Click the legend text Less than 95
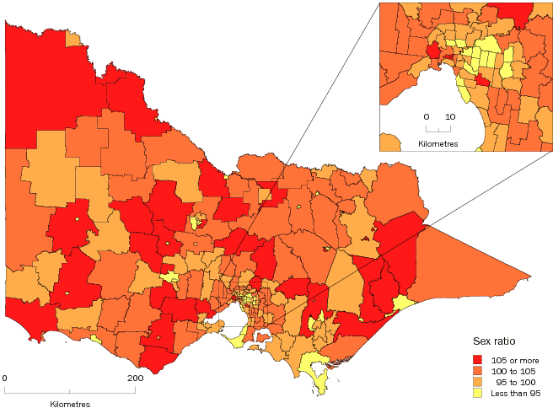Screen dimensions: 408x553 (x=514, y=393)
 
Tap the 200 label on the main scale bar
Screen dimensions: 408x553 (x=134, y=378)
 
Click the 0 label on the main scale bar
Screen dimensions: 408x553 (x=5, y=378)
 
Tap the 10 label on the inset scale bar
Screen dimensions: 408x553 (x=450, y=116)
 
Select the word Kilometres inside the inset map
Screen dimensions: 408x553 (x=438, y=144)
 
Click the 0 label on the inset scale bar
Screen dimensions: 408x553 (x=426, y=116)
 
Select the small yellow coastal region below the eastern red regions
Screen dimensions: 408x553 (x=403, y=303)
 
